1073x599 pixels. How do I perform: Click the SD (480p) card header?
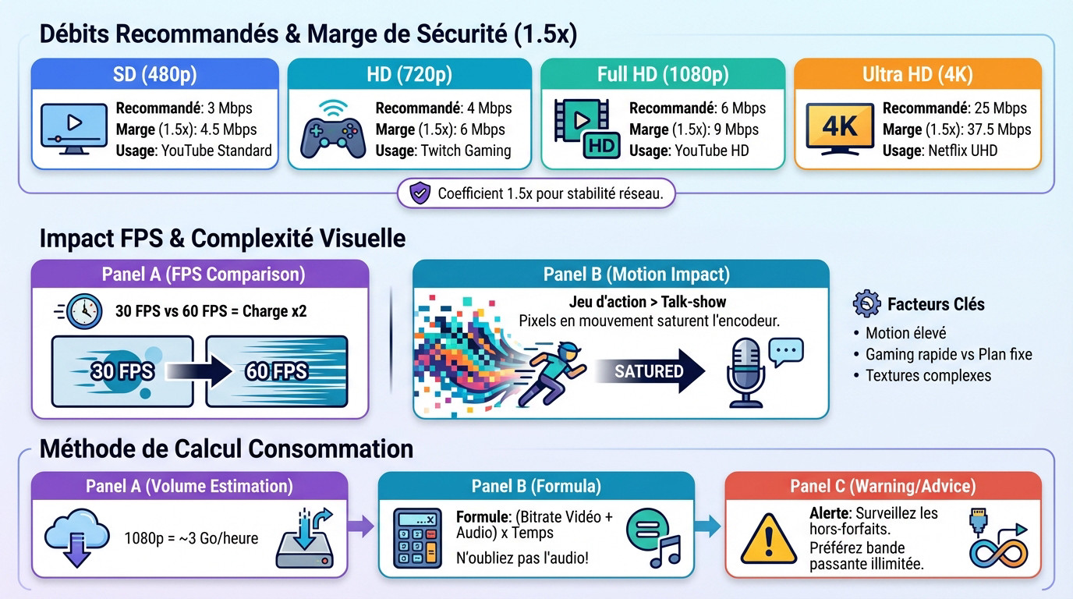[x=154, y=75]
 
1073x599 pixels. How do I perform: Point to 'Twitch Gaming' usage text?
[x=466, y=151]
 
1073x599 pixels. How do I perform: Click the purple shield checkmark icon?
[x=420, y=193]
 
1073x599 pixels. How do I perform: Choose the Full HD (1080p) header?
[x=662, y=75]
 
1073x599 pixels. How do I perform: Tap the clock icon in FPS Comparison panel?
[x=84, y=311]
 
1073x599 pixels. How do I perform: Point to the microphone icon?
[x=745, y=371]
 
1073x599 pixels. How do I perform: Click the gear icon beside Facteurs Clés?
[x=866, y=303]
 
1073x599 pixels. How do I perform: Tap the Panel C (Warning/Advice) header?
[x=883, y=487]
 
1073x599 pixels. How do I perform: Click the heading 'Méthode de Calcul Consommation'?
[x=226, y=448]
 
